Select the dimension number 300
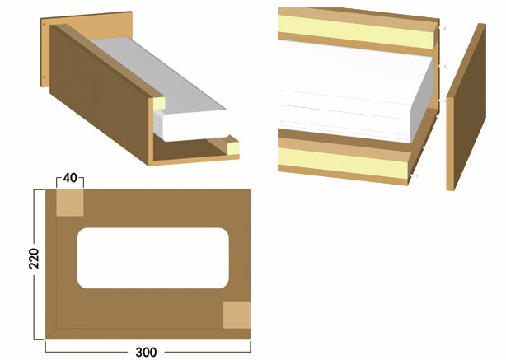146,352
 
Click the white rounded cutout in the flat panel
153,258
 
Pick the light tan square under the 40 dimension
69,203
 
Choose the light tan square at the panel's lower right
237,314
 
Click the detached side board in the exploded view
466,107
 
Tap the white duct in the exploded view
346,86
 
